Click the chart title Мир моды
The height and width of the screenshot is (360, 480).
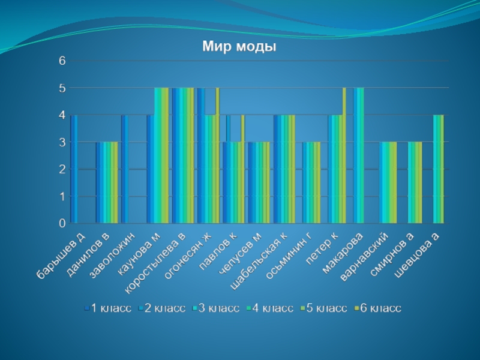(239, 46)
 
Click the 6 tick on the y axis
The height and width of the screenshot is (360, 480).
(62, 61)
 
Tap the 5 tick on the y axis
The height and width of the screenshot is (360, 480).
(62, 88)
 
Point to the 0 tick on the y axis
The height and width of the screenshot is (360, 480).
(62, 223)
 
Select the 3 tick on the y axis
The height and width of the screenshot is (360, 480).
(62, 142)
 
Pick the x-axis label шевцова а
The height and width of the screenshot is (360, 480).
(418, 255)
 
